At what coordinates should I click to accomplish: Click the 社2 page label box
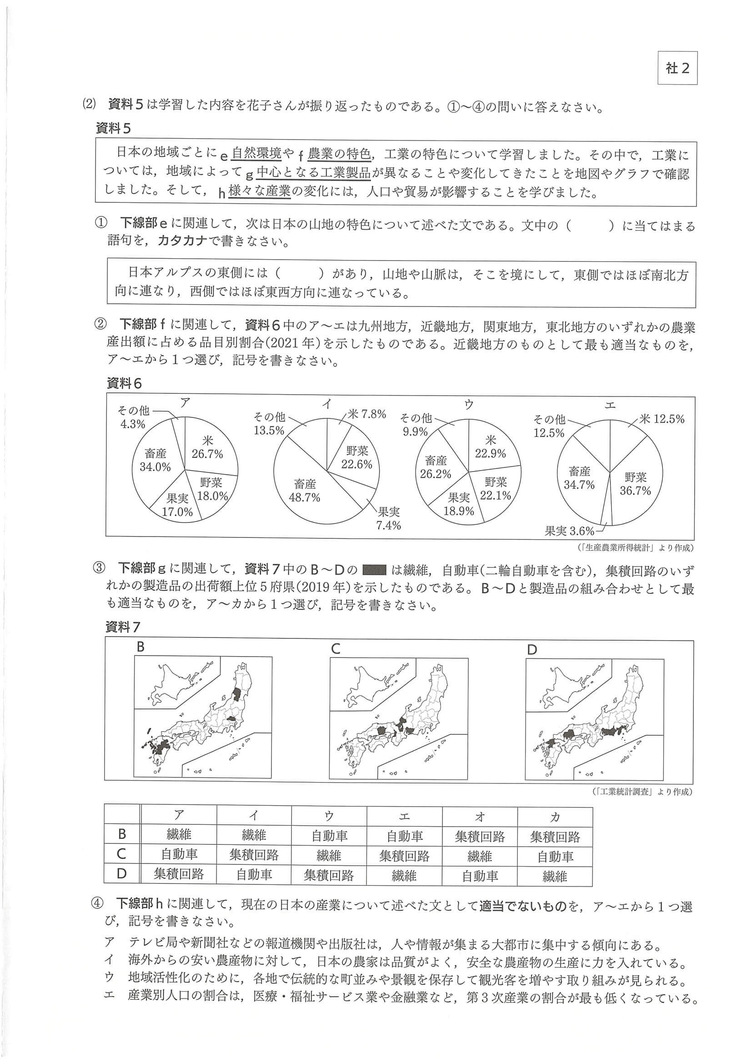(x=677, y=68)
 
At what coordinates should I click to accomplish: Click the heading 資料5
(x=113, y=128)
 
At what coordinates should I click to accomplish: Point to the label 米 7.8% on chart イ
(x=366, y=414)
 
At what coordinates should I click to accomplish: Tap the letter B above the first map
(x=140, y=647)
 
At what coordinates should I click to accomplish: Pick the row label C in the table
(x=122, y=853)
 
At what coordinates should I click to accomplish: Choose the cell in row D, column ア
(x=179, y=874)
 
